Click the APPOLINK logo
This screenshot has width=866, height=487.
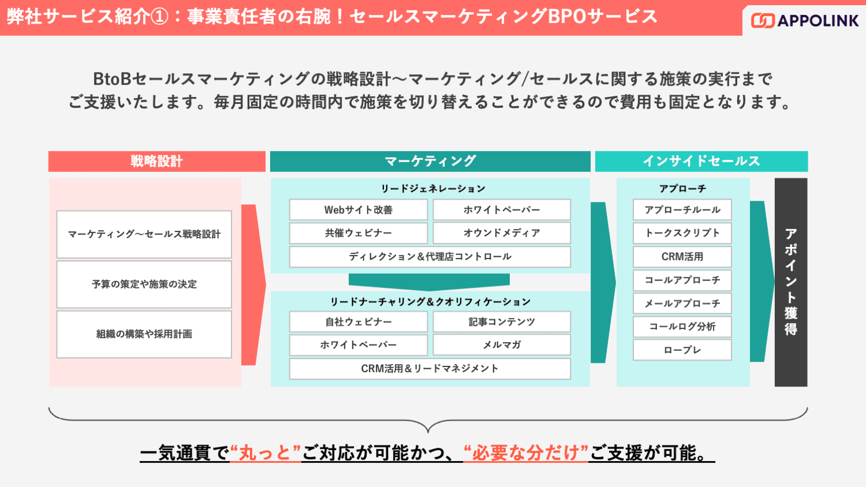(x=805, y=21)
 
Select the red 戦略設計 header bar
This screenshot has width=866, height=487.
(x=156, y=162)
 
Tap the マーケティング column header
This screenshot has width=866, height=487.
(x=430, y=162)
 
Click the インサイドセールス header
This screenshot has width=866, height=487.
(x=701, y=162)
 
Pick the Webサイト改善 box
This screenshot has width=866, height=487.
(x=358, y=210)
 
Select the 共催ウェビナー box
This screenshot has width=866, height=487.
(x=358, y=233)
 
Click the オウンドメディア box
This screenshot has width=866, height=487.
(x=502, y=233)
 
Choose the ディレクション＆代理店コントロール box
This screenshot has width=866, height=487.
(x=430, y=257)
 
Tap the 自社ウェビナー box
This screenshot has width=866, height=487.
(x=358, y=322)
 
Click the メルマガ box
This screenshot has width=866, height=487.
(x=502, y=345)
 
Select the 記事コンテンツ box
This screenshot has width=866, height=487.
(x=502, y=322)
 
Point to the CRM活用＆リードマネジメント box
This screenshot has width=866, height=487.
(x=430, y=369)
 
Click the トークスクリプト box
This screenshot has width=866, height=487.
(x=682, y=233)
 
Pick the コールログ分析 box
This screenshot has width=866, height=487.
(x=682, y=327)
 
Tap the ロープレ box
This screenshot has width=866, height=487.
(x=682, y=350)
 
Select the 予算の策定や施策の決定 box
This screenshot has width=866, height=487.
(x=144, y=284)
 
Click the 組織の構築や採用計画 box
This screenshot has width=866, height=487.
(x=144, y=334)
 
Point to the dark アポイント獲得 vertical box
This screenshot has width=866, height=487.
(x=790, y=282)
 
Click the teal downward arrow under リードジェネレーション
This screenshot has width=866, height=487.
(x=429, y=282)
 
